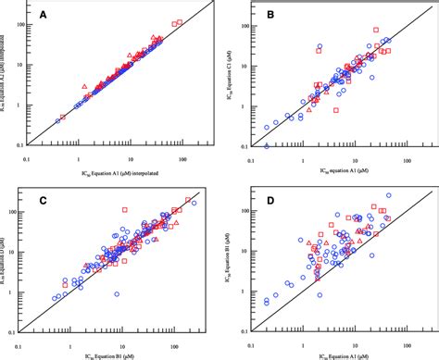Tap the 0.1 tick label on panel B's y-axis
coord(240,146)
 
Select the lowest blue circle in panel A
coord(57,120)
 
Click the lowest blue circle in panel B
coord(267,146)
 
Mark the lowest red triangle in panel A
coord(85,89)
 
